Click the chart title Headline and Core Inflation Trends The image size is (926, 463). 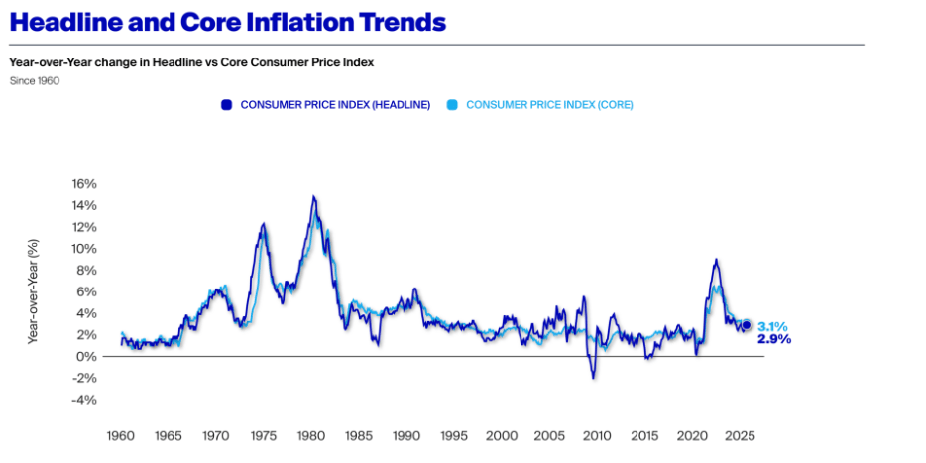click(227, 22)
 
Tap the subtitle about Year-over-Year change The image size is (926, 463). click(190, 62)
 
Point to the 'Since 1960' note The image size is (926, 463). click(34, 81)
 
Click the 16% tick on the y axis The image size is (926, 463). click(83, 184)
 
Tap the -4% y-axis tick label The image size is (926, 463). click(84, 400)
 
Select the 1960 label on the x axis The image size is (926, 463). click(120, 435)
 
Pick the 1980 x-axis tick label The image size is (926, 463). click(311, 435)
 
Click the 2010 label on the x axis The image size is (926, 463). click(597, 435)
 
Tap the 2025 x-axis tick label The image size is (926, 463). click(739, 435)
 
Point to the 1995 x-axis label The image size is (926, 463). click(454, 435)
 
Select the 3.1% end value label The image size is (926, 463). click(773, 326)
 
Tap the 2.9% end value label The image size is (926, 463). click(773, 339)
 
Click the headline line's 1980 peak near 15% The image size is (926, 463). click(313, 197)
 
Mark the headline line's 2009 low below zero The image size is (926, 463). click(594, 377)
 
